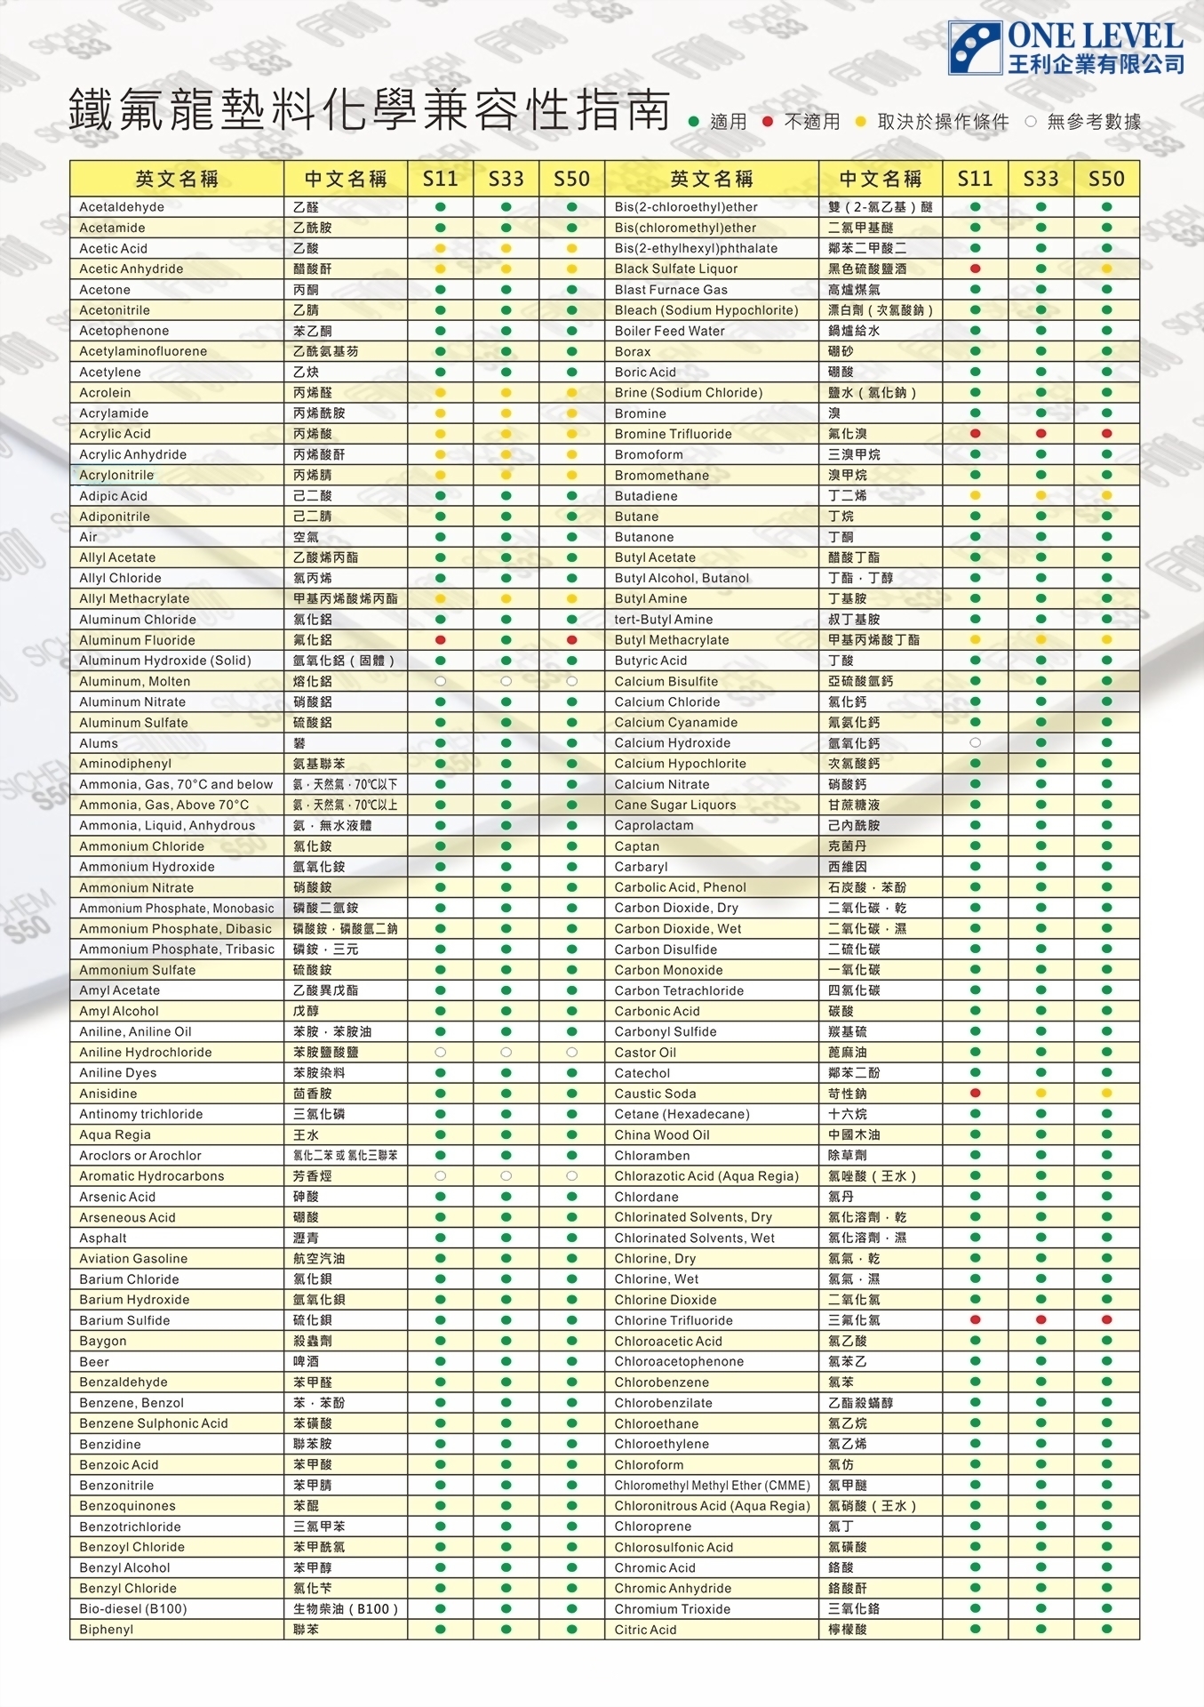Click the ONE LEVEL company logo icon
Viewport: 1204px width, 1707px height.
point(975,47)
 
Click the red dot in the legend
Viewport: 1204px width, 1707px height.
point(768,122)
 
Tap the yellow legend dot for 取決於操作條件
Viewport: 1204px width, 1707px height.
point(860,122)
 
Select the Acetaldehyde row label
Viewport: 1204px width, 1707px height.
point(122,207)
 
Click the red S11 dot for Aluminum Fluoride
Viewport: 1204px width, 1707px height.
point(440,640)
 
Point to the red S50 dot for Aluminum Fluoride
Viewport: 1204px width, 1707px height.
point(571,640)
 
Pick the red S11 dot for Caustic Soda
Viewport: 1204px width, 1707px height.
point(975,1094)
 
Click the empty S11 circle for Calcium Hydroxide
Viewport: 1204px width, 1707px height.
point(975,742)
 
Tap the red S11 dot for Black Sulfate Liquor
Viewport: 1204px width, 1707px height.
point(975,268)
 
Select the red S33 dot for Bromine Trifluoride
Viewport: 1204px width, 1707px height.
point(1041,434)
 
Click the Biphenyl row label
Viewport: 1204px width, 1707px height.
point(107,1630)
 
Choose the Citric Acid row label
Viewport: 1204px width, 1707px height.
point(645,1630)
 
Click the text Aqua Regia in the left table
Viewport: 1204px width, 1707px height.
point(115,1135)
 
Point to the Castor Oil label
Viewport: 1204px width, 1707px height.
point(645,1053)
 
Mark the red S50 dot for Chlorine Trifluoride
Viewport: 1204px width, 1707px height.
point(1106,1320)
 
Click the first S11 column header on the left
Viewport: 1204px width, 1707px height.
point(440,179)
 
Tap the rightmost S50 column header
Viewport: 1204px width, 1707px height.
point(1106,179)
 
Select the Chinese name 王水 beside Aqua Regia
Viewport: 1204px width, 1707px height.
point(306,1135)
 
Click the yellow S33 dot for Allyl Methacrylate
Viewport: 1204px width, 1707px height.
point(506,599)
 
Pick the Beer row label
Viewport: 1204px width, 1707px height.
point(94,1362)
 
